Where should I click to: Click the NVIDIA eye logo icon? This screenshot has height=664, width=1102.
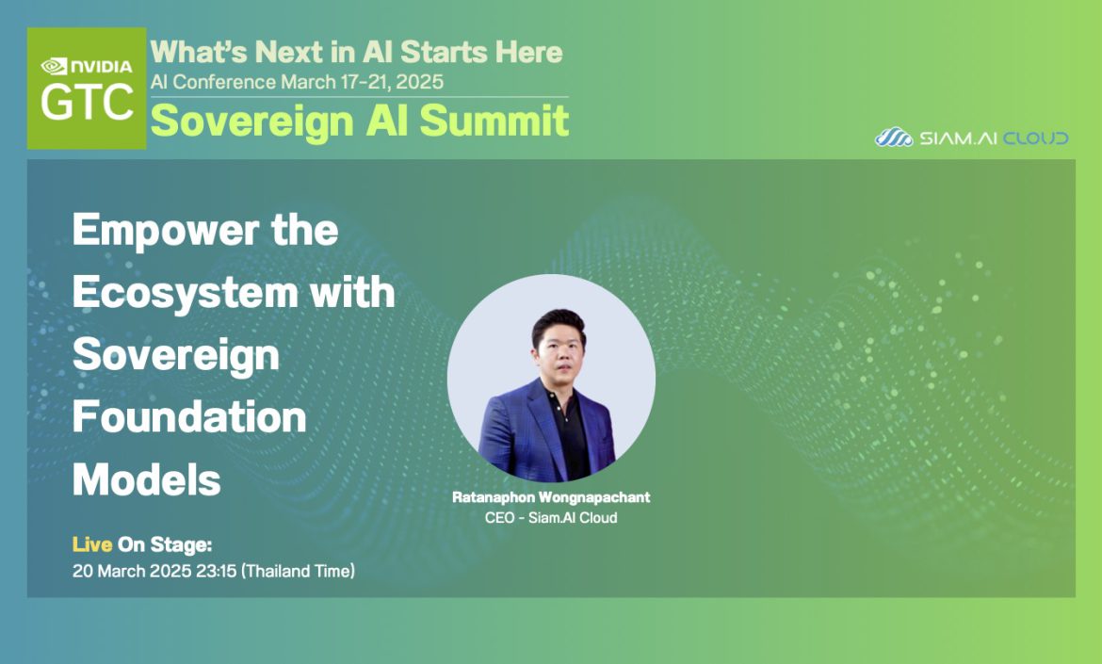[54, 66]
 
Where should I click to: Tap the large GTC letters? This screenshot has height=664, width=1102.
[87, 102]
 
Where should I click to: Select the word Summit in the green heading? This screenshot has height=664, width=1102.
[494, 121]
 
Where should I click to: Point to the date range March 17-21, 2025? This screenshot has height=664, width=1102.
[362, 82]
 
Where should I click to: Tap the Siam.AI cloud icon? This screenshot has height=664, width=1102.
[893, 137]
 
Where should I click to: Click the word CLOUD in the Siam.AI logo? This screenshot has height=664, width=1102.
[1035, 138]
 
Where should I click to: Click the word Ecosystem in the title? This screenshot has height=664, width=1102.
[185, 292]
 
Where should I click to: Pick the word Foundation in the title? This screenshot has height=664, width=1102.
[189, 416]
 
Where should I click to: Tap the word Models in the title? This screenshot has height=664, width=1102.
[146, 480]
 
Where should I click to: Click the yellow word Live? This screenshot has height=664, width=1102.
[92, 544]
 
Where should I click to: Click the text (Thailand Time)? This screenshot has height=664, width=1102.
[298, 571]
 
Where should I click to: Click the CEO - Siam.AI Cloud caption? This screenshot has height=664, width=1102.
[551, 518]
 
